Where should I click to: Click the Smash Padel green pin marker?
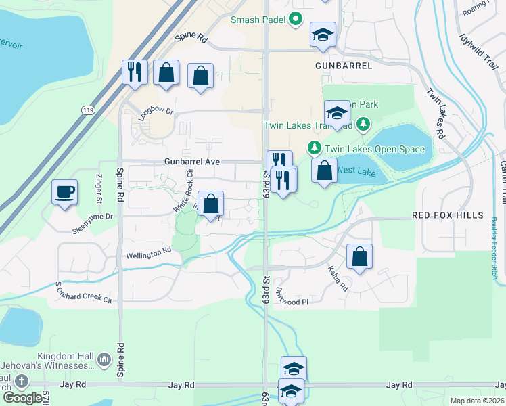295,20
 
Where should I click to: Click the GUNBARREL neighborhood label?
344,66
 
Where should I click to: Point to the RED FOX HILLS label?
448,215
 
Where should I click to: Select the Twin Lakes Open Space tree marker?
314,147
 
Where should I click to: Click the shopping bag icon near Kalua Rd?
359,256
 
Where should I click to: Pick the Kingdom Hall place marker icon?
103,358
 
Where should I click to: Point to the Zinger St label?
97,189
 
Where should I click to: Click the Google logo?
22,398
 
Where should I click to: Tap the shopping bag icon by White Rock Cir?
210,204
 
